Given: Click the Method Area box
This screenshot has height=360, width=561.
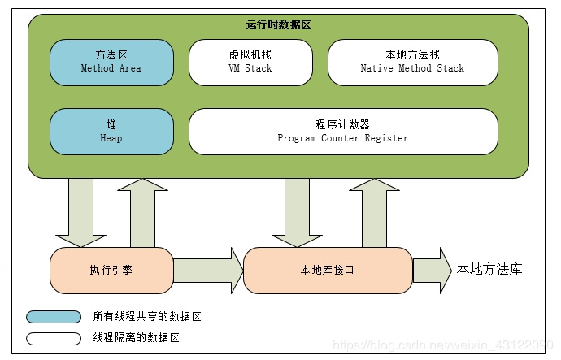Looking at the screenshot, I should [x=111, y=62].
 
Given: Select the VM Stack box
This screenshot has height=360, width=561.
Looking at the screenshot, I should [x=250, y=62].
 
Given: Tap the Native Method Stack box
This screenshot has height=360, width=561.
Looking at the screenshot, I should [x=412, y=62].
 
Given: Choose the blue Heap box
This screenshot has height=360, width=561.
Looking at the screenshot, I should [x=111, y=132].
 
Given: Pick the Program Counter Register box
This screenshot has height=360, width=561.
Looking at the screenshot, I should [x=342, y=132].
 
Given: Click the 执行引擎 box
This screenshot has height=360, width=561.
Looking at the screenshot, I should [x=111, y=270].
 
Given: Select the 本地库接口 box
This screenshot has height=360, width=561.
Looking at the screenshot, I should [x=328, y=270].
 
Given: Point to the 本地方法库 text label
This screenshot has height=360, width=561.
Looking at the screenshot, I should [x=489, y=270].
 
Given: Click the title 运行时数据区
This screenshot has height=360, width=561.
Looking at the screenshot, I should [x=279, y=25].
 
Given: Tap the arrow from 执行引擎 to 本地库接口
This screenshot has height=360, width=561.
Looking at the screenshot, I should [x=208, y=270].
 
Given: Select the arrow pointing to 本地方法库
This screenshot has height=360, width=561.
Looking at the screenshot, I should [x=432, y=270].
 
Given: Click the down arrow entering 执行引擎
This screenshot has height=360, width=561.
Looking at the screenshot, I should [x=81, y=213].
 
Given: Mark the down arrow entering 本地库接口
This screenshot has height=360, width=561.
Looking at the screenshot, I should [x=298, y=213].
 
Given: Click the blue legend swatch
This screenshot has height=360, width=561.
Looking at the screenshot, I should [x=54, y=317].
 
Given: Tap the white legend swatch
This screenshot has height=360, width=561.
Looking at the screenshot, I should [x=54, y=337].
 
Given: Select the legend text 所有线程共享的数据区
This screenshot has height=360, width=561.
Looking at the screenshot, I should [x=146, y=317].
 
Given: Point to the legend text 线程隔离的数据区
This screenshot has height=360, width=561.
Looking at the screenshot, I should [x=136, y=337].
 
